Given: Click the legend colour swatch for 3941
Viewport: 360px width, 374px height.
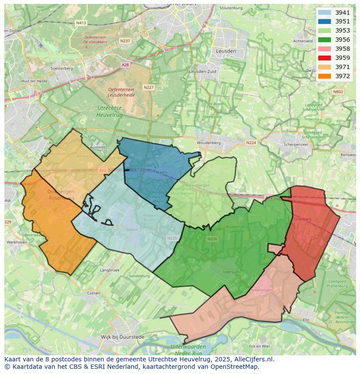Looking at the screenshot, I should click(x=324, y=13).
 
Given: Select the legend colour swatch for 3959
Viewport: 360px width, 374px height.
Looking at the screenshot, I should click(x=324, y=58).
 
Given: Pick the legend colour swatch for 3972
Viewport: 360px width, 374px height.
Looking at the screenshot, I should click(x=324, y=76).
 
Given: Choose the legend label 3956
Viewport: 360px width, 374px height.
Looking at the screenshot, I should click(x=343, y=40).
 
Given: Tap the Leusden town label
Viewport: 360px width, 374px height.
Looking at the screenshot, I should click(x=226, y=51).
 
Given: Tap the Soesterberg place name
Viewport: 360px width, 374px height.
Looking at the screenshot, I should click(x=61, y=69).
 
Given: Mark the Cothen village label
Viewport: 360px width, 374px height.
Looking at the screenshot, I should click(x=93, y=293).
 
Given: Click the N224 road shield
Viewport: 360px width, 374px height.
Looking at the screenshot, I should click(x=251, y=142).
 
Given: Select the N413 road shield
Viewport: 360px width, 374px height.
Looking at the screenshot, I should click(x=80, y=23).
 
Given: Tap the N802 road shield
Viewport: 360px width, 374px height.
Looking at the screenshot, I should click(x=337, y=92).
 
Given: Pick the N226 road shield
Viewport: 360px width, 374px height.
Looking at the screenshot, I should click(x=212, y=239).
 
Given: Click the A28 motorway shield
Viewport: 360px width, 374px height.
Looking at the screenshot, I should click(x=125, y=65).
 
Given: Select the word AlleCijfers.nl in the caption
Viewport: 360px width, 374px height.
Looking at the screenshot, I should click(x=253, y=359).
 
